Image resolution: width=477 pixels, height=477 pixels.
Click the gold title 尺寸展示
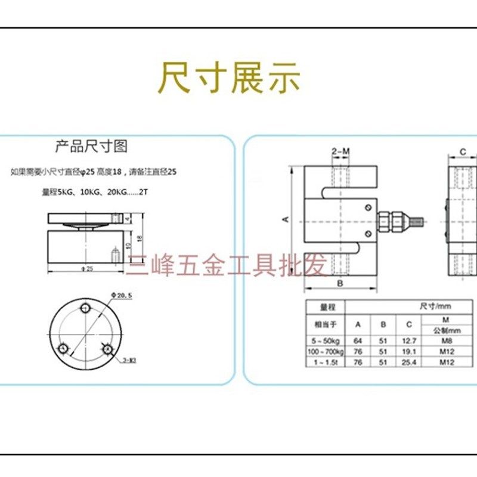(x=229, y=78)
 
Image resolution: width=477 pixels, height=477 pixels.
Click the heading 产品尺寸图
(x=91, y=147)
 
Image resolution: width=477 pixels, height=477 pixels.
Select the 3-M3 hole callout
(x=129, y=360)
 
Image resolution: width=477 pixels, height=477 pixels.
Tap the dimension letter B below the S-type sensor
(x=339, y=283)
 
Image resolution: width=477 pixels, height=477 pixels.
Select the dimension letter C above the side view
(x=462, y=152)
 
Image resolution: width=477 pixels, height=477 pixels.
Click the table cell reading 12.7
(x=408, y=340)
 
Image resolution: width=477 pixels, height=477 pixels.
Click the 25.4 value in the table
(x=408, y=363)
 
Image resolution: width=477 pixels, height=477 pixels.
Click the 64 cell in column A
(x=358, y=340)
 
